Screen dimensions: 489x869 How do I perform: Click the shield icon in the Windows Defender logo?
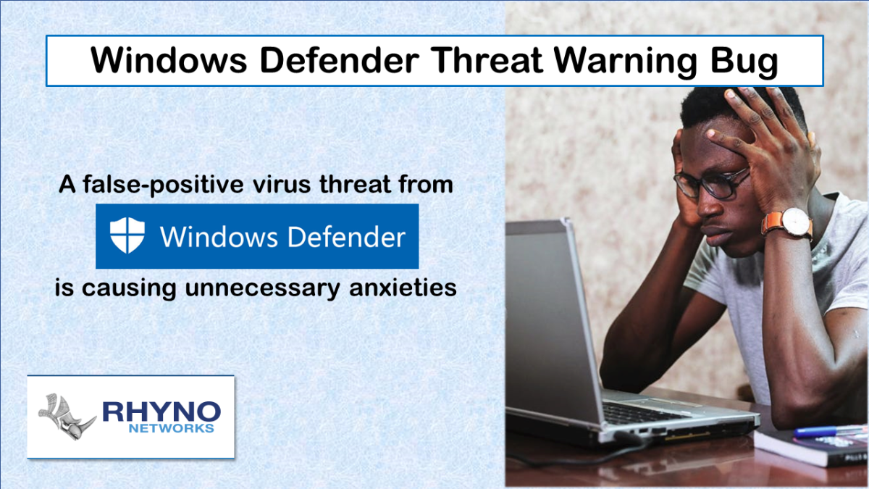[x=127, y=236]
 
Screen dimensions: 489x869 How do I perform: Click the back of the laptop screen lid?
[x=550, y=319]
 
